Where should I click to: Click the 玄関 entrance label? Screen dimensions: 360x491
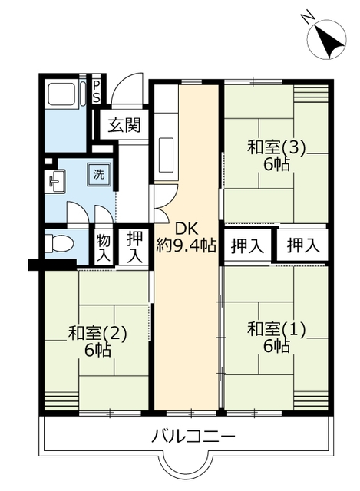[124, 126]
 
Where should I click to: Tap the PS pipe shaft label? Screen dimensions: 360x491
[97, 92]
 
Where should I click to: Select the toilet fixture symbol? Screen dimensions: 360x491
[59, 243]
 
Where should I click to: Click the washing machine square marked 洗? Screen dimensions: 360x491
[99, 174]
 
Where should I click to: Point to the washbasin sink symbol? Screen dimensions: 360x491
[54, 181]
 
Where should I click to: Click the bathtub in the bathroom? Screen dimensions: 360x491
[63, 94]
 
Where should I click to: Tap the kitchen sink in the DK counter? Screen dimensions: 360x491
[167, 155]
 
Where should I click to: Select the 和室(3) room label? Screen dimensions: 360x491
[276, 147]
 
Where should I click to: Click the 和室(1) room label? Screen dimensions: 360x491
[276, 330]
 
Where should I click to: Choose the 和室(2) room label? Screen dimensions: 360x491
[97, 333]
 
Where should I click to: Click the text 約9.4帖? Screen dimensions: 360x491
[187, 245]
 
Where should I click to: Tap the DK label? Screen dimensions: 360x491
[187, 229]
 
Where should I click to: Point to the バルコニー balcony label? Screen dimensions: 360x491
[193, 437]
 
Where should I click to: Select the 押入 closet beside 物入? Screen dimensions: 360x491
[135, 247]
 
